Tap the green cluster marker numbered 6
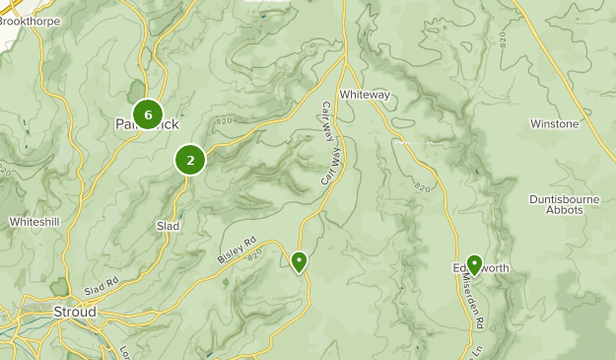click(148, 115)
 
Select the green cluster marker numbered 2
click(190, 160)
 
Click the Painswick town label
click(146, 125)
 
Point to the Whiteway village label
click(365, 95)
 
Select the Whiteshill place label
click(35, 222)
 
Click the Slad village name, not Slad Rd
click(169, 226)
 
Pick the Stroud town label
click(75, 312)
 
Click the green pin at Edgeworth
click(474, 264)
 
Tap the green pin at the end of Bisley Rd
click(299, 261)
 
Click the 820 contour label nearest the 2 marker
click(221, 120)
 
